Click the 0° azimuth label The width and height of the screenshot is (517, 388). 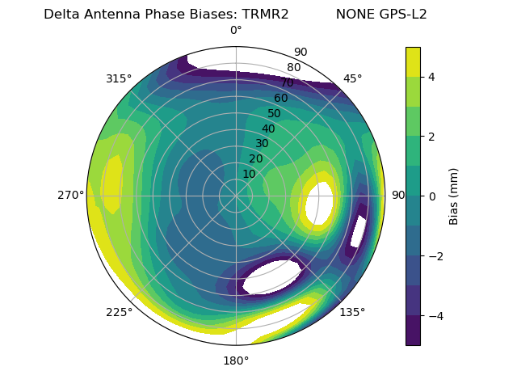coord(236,31)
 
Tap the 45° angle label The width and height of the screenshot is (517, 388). coord(353,78)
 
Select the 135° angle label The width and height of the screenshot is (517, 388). coord(352,312)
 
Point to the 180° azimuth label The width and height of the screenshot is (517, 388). coord(236,361)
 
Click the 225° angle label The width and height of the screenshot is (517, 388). coord(119,313)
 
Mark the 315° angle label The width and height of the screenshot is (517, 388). coord(119,78)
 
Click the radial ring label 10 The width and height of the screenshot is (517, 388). coord(249,174)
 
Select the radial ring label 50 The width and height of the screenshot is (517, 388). coord(274,113)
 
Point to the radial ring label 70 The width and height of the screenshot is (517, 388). coord(287,82)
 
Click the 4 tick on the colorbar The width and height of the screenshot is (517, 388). coord(432,77)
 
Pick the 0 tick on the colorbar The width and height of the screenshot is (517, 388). coord(432,196)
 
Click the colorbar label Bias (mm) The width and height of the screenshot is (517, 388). coord(454,196)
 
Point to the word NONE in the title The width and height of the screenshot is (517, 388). coord(352,15)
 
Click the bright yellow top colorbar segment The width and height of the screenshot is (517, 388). coord(413,61)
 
